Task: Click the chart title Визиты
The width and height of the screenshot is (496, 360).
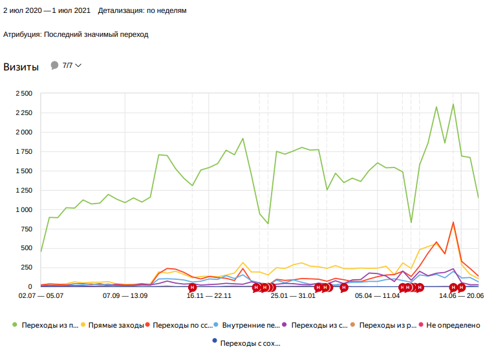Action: coord(21,67)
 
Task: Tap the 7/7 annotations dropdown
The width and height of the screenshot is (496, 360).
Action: coord(71,66)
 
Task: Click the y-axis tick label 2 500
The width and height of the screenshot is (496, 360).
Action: coord(23,94)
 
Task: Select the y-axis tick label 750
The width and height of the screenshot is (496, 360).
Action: coord(25,229)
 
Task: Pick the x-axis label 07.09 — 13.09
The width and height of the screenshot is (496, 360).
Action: coord(125,295)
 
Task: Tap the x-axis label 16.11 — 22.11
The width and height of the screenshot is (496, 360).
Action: coord(209,295)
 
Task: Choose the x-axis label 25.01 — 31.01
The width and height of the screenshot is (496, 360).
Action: coord(293,295)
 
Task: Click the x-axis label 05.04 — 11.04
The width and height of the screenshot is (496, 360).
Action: coord(377,295)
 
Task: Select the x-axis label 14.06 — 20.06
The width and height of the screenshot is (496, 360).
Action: coord(461,295)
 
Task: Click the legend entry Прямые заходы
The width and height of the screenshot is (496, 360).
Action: coord(116,325)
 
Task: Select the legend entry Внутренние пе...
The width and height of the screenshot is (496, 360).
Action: coord(250,325)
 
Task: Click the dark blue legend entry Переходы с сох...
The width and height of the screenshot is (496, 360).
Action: coord(250,343)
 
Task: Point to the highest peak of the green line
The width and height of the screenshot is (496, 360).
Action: coord(453,104)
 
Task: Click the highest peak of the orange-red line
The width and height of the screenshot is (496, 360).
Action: coord(453,222)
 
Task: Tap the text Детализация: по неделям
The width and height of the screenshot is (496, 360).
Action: coord(143,11)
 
